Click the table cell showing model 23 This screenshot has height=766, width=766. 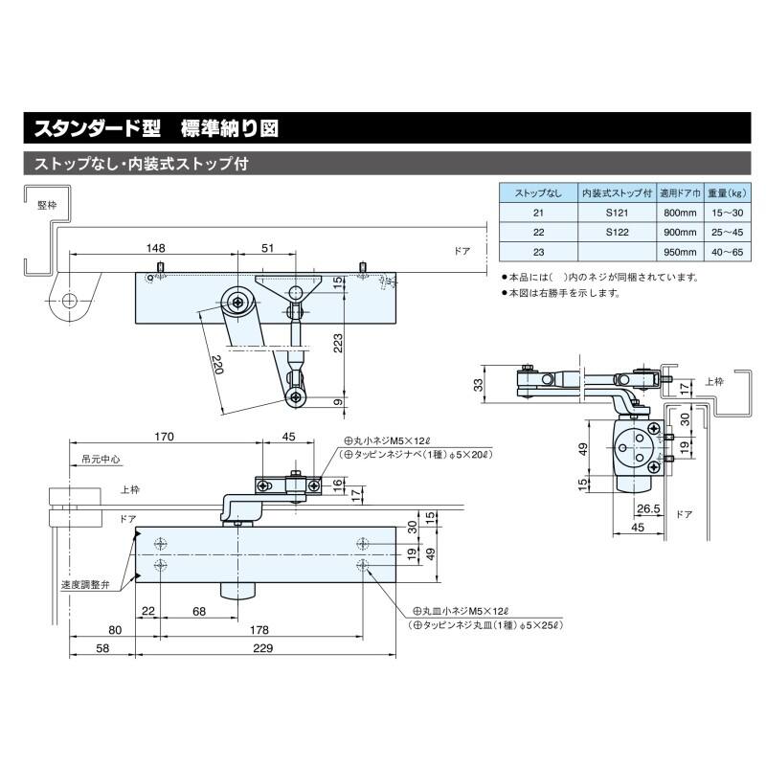538,251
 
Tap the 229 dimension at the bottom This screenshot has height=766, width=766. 262,648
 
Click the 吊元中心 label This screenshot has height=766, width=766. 101,459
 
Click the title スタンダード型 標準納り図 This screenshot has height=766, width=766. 157,127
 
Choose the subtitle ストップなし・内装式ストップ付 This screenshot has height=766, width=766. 141,163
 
